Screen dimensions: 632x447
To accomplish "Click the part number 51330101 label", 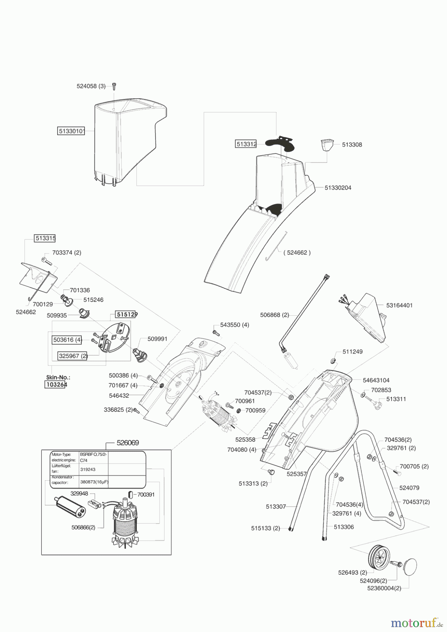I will [x=71, y=131].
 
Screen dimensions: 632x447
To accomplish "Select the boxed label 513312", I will [x=246, y=144].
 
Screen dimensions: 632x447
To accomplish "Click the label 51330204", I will [x=338, y=188].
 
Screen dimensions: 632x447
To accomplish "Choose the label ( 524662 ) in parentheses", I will [x=297, y=252].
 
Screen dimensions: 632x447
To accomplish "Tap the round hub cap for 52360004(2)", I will [x=408, y=567].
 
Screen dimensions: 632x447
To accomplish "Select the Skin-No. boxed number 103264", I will [x=56, y=384].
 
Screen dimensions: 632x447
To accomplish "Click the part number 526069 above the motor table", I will [x=128, y=443].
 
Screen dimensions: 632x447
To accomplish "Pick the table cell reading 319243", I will [x=88, y=469].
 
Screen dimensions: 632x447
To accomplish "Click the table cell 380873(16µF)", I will [x=94, y=482].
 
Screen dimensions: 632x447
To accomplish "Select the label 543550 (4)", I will [x=235, y=325].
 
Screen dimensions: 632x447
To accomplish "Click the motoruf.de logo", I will [x=416, y=623].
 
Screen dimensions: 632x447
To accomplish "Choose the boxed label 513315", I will [x=45, y=238].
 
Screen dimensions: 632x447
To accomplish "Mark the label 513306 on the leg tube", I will [x=344, y=527].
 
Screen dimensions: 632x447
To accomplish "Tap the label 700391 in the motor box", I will [x=146, y=494].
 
